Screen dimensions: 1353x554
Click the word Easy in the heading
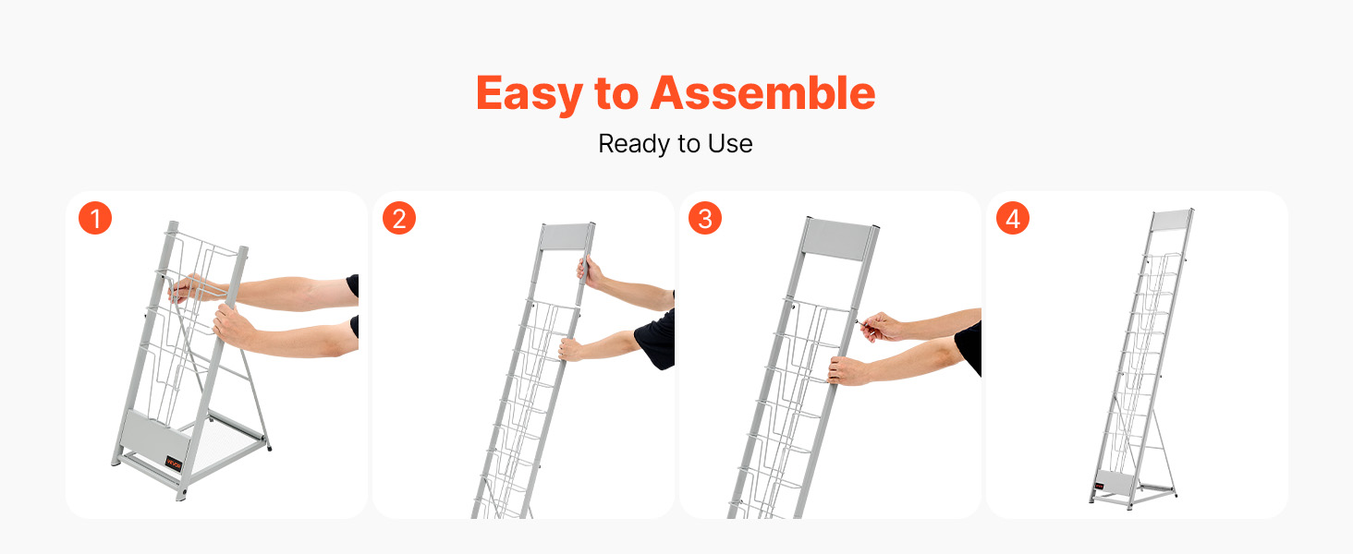click(x=530, y=93)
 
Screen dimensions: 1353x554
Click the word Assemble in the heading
click(x=762, y=92)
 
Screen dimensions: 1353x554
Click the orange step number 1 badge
click(x=95, y=218)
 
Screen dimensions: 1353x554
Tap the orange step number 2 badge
click(x=399, y=218)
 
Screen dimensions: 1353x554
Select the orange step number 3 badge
click(x=705, y=218)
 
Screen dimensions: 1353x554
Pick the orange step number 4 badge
click(x=1013, y=218)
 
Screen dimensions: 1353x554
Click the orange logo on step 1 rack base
click(x=174, y=464)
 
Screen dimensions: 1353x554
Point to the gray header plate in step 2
click(x=564, y=236)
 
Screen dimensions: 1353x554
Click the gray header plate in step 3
click(x=837, y=239)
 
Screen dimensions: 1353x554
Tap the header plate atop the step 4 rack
click(x=1171, y=221)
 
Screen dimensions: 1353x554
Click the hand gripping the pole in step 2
click(x=589, y=271)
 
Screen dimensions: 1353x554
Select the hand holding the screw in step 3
click(x=881, y=327)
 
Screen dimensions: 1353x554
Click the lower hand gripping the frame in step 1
click(x=233, y=325)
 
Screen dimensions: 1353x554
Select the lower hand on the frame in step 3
click(x=848, y=369)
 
